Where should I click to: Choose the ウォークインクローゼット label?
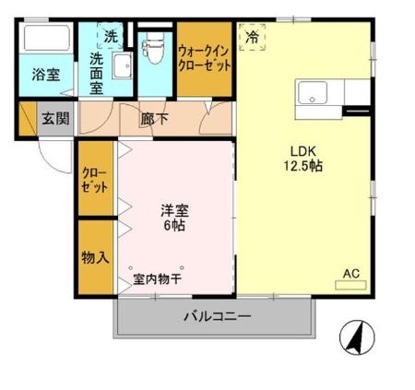[x=204, y=61]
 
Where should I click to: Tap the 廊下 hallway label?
[x=154, y=118]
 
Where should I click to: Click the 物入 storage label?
[x=95, y=257]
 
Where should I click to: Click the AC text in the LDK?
[x=350, y=273]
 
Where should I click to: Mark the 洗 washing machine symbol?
[x=110, y=37]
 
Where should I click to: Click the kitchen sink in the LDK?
[x=310, y=92]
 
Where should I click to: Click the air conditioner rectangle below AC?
[x=350, y=286]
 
